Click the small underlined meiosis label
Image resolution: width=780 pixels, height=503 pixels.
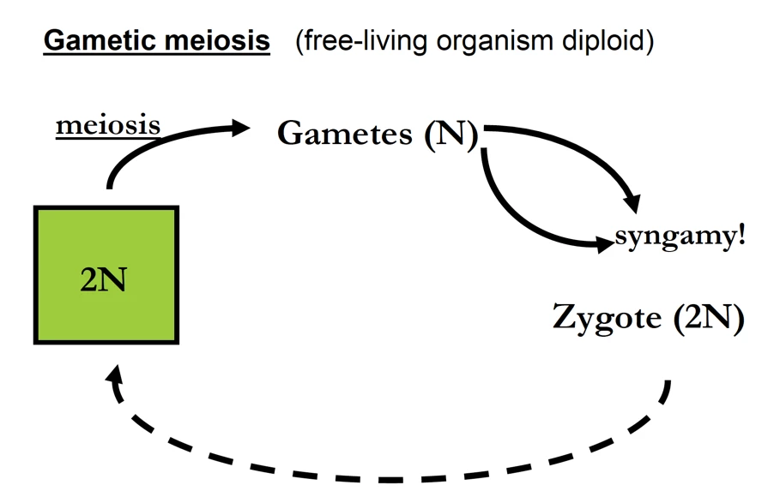click(x=108, y=126)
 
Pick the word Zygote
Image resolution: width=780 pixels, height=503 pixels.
click(x=608, y=318)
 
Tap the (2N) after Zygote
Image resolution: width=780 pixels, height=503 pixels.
click(x=708, y=318)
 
